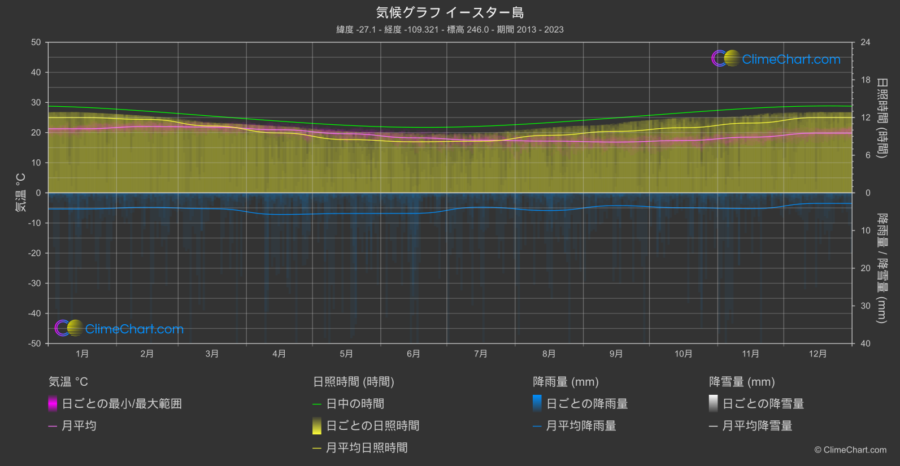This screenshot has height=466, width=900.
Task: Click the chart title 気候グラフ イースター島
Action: (x=450, y=12)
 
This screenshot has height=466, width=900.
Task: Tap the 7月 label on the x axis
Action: (x=481, y=354)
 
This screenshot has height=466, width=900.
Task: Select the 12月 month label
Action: (x=818, y=354)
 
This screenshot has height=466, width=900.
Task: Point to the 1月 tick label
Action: (x=82, y=354)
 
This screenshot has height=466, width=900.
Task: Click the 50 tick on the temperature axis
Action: (x=36, y=42)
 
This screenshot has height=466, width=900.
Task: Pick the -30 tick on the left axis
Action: (x=34, y=283)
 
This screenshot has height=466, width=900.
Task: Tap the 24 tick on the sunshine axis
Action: (x=865, y=42)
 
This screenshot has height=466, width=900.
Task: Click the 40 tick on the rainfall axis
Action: (x=865, y=343)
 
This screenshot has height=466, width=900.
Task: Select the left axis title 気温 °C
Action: (x=21, y=193)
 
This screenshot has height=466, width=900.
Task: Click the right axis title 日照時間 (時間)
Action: (x=881, y=117)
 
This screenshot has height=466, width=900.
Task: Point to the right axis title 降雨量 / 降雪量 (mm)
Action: (x=881, y=268)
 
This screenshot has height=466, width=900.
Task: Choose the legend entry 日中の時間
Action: (x=355, y=404)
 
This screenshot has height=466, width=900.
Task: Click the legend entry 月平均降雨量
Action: (x=581, y=426)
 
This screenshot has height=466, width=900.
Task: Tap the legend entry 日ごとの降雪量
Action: (x=763, y=404)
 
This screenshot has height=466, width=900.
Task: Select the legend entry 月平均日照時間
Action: (x=367, y=448)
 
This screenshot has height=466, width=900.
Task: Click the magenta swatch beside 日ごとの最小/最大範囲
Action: (x=53, y=404)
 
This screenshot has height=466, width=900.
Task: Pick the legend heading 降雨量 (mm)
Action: (x=566, y=382)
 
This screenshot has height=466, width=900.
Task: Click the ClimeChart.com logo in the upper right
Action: (x=776, y=59)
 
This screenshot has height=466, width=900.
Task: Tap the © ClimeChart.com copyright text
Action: (x=850, y=450)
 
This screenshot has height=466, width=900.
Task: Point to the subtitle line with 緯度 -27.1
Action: (x=450, y=29)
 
